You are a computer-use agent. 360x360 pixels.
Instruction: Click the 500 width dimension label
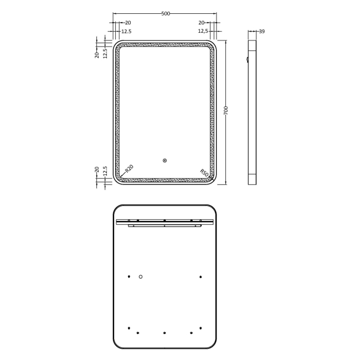(165, 14)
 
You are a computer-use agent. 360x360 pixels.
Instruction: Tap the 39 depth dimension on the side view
(261, 32)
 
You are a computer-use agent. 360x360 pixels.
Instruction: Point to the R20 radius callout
(128, 168)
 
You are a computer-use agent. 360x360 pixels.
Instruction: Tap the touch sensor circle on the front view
(164, 161)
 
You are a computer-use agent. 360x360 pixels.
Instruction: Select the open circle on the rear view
(141, 276)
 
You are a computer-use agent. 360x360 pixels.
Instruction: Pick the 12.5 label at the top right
(203, 32)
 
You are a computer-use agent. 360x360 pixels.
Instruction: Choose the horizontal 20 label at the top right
(201, 23)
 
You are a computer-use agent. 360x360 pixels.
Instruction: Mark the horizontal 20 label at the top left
(128, 23)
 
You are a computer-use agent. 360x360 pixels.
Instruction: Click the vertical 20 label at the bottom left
(97, 169)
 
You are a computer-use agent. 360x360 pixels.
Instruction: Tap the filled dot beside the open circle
(128, 276)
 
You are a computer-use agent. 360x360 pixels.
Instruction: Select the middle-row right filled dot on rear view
(200, 276)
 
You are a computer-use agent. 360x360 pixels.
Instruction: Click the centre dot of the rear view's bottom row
(164, 333)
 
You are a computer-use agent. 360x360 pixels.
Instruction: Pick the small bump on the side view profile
(247, 59)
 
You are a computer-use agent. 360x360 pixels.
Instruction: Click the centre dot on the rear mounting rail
(164, 220)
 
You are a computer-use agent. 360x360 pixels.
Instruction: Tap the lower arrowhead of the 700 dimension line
(226, 182)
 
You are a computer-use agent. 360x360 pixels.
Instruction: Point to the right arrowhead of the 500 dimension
(215, 14)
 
